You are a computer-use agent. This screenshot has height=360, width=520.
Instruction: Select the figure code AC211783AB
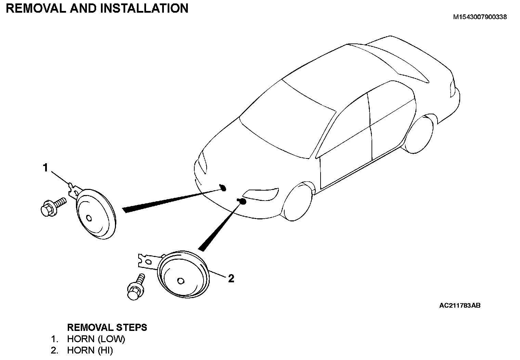[460, 306]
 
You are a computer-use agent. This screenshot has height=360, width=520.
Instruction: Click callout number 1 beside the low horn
[45, 168]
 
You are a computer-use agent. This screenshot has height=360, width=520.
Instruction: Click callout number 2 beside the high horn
[231, 279]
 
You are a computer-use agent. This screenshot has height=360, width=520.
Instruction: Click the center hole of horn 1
[89, 218]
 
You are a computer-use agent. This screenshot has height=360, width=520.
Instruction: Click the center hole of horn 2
[181, 281]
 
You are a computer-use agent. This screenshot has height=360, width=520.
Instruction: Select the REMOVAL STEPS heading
[107, 327]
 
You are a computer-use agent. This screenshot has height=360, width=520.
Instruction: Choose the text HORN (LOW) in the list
[96, 339]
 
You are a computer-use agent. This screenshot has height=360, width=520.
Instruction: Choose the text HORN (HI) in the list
[90, 350]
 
